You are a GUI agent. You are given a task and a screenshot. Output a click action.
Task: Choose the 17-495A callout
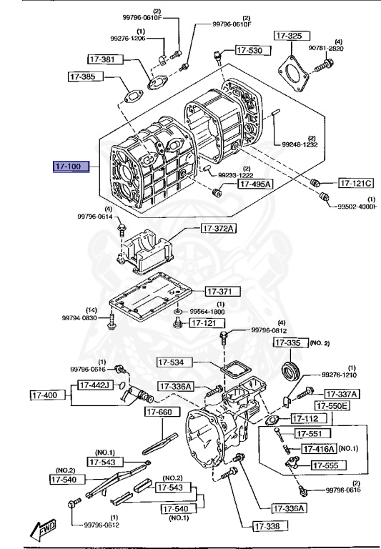point(254,184)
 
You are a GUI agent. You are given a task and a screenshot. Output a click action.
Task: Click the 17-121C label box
point(355,182)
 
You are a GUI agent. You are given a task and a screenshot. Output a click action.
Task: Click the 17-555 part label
point(329,465)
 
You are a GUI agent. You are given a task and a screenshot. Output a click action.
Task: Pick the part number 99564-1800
point(207,312)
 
